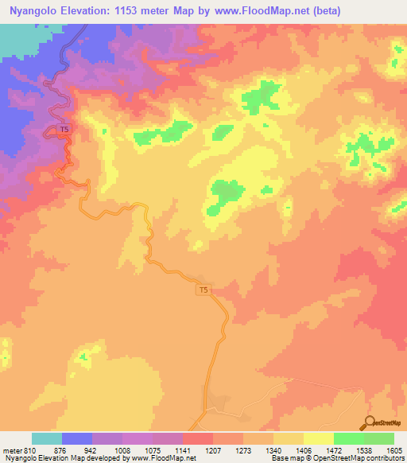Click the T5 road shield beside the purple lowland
click(64, 130)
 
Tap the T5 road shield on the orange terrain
click(205, 291)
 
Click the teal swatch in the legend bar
click(46, 438)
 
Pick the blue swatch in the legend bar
click(76, 438)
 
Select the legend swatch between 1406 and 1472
click(318, 438)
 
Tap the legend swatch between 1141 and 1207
click(197, 438)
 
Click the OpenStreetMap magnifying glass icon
click(369, 422)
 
